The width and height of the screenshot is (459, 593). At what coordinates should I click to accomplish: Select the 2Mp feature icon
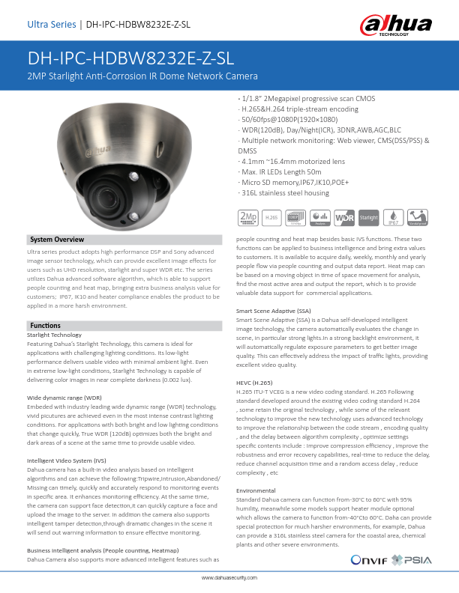click(247, 217)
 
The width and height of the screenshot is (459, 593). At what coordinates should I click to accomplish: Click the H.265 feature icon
click(272, 217)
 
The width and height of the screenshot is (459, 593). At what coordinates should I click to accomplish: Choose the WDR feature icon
click(344, 217)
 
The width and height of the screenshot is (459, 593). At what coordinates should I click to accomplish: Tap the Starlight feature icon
click(368, 217)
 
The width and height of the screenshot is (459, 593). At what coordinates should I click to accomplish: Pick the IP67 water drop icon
click(393, 217)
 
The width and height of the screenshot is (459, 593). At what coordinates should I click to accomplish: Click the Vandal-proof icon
click(418, 217)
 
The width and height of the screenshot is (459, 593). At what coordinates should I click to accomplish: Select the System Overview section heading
click(57, 240)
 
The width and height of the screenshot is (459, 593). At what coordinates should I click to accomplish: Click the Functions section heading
click(45, 326)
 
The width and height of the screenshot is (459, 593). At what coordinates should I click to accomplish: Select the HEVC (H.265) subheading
click(255, 382)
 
